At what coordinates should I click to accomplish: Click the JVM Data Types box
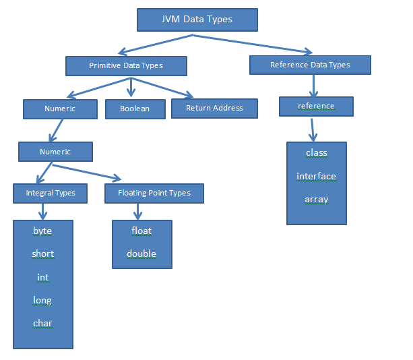coord(197,20)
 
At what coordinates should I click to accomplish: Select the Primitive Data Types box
coord(126,65)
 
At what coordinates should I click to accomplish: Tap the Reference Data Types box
coord(310,65)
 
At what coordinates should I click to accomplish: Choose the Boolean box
coord(135,109)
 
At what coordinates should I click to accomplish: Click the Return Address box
coord(214,108)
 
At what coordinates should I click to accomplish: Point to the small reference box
coord(316,107)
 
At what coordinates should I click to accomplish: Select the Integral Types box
coord(51,193)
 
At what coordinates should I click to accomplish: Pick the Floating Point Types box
coord(154,193)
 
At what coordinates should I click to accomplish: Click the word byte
coord(42,231)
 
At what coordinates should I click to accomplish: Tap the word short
coord(42,254)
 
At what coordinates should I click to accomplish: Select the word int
coord(42,277)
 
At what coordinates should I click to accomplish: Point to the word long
coord(42,300)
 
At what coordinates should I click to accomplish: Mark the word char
coord(42,324)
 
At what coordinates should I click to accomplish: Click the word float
coord(141,231)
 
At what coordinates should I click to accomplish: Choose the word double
coord(141,254)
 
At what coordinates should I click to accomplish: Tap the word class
coord(316,153)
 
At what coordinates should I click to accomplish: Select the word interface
coord(316,177)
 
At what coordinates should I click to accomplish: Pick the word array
coord(316,200)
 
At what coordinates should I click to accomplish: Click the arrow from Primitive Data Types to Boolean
coord(131,87)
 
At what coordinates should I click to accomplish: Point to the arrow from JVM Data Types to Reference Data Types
coord(256,44)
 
